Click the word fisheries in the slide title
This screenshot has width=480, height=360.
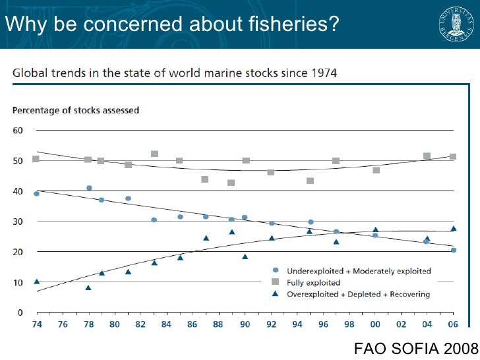[290, 25]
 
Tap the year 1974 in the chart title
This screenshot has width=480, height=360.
[324, 73]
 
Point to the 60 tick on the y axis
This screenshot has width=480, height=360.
[18, 131]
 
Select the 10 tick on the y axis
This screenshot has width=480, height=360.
[18, 282]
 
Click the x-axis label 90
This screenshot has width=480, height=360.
[245, 325]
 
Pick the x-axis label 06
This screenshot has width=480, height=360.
[453, 325]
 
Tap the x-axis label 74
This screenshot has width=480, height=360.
[36, 325]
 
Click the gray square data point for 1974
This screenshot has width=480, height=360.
[36, 159]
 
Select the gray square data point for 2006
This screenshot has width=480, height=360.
[453, 157]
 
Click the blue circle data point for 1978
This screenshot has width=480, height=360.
[89, 188]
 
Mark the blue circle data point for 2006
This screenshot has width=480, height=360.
[454, 250]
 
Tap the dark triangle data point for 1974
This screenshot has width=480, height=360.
[37, 282]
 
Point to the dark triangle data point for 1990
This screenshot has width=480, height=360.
[245, 256]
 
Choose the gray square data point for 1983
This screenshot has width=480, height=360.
[154, 154]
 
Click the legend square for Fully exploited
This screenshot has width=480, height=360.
[275, 282]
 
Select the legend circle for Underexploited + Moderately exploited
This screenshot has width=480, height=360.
[275, 270]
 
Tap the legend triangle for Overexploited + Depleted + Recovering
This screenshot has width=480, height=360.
[275, 294]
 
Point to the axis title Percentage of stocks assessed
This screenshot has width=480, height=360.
[76, 110]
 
